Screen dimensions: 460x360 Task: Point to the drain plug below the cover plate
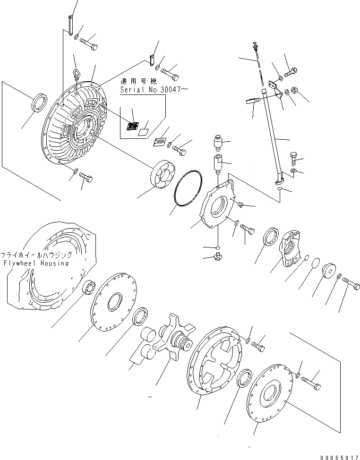219,256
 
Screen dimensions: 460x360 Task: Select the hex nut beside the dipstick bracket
294,90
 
